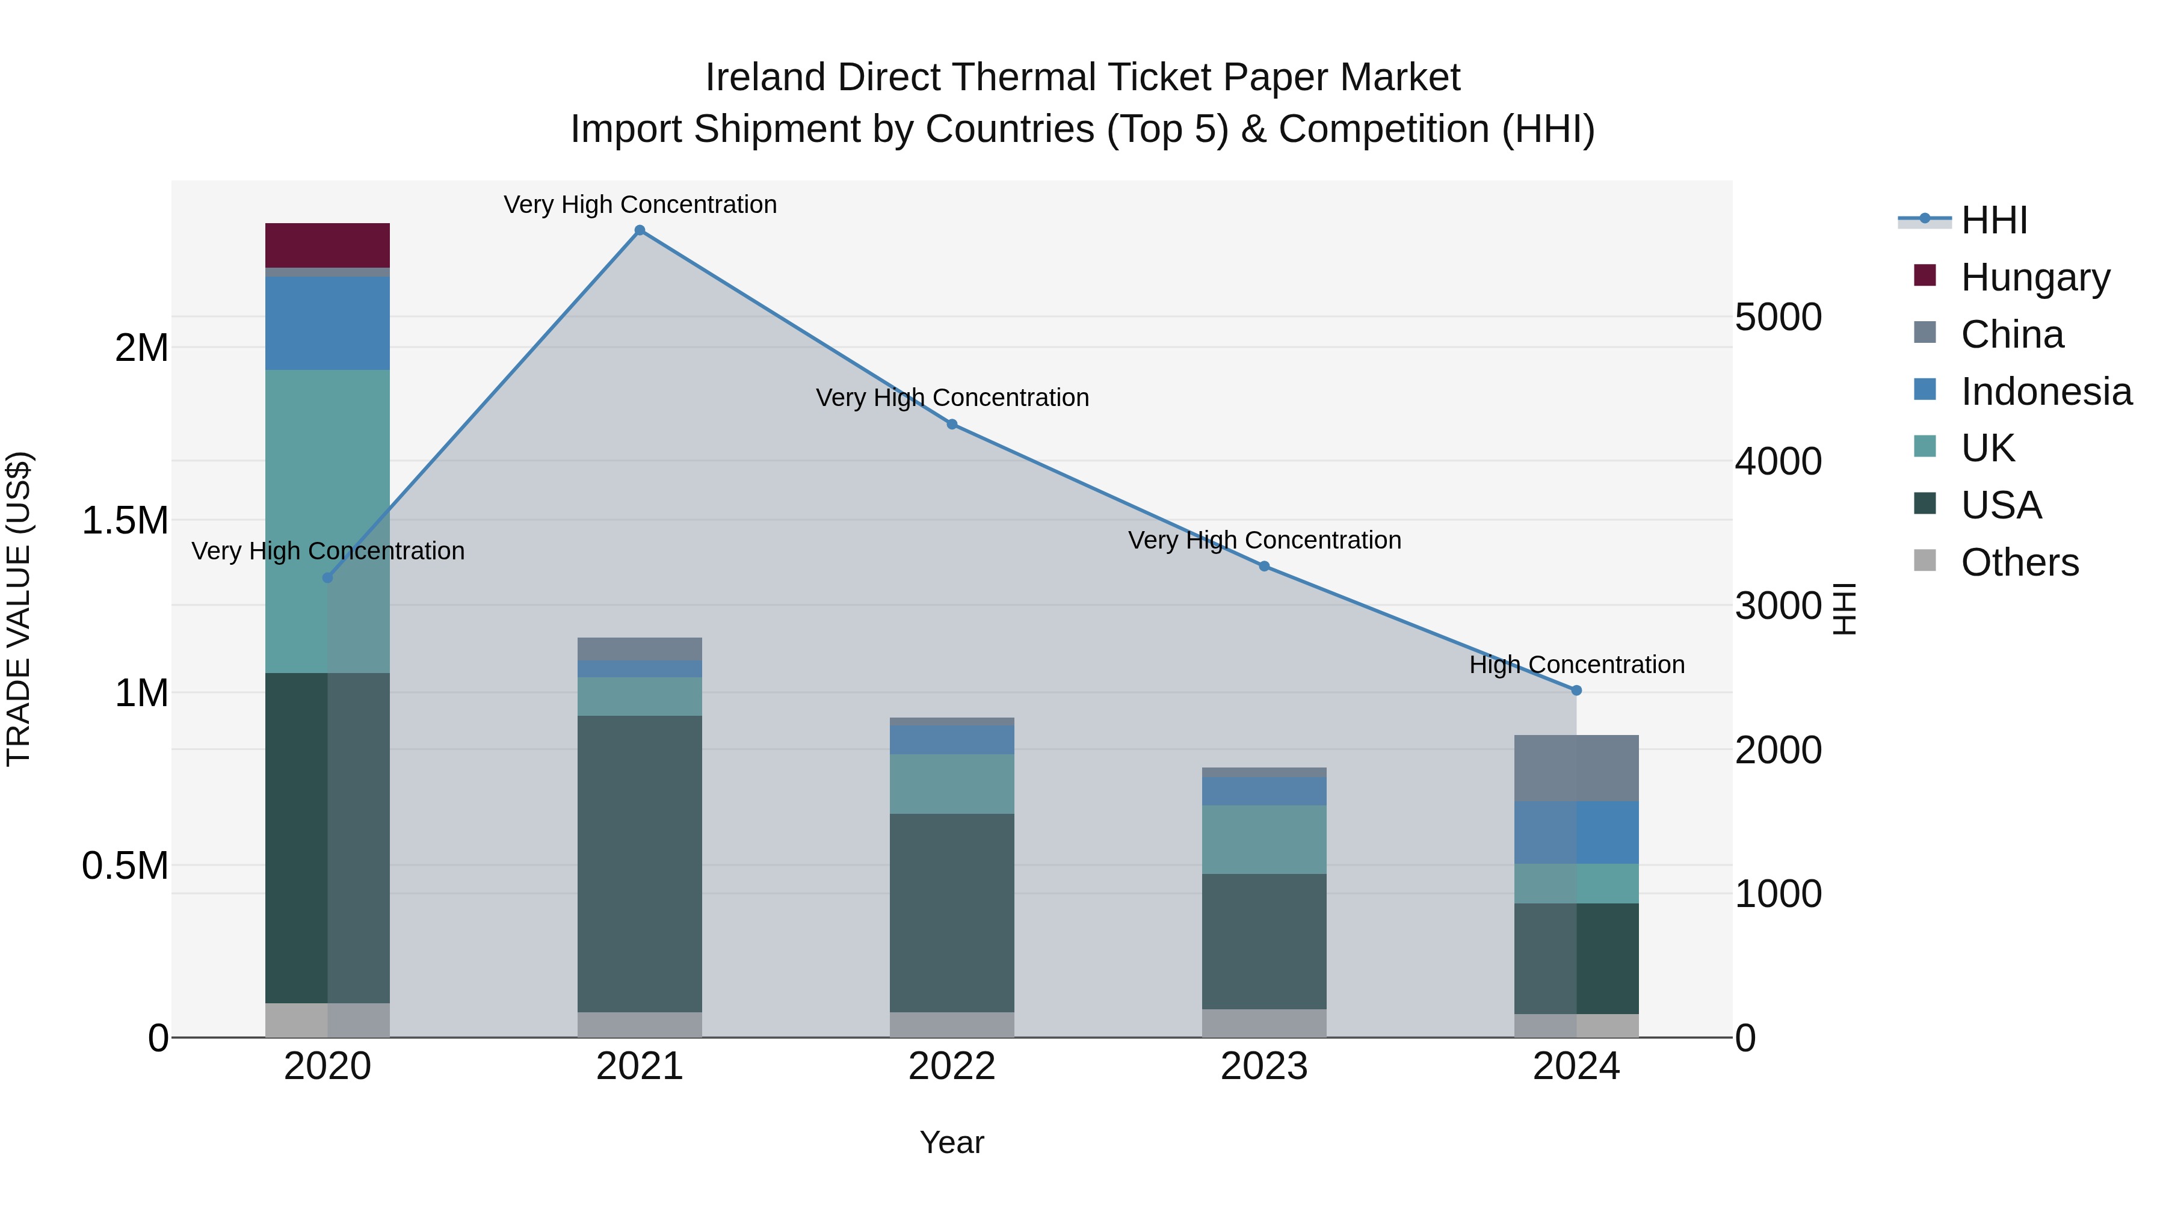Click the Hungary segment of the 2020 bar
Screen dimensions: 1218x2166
pos(327,245)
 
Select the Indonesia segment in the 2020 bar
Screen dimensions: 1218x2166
pos(327,323)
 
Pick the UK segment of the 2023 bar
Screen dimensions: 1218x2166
pos(1263,839)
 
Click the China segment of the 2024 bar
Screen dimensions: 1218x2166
pos(1576,767)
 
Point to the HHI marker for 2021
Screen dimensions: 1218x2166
pos(639,230)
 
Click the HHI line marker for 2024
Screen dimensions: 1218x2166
pos(1576,690)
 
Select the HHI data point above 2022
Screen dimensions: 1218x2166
pos(952,425)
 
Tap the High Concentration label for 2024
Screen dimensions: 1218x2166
pos(1576,665)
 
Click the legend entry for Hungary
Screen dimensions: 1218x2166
pos(2035,277)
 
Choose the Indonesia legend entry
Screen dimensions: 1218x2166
pos(2046,392)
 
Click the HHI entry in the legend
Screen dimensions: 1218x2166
pos(1994,220)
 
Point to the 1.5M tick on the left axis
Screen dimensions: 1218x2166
pos(125,520)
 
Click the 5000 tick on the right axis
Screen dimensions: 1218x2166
pos(1777,318)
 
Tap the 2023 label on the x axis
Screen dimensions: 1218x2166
pos(1263,1066)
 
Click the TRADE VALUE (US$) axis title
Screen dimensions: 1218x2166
pos(19,609)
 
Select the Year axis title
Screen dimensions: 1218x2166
pos(951,1142)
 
